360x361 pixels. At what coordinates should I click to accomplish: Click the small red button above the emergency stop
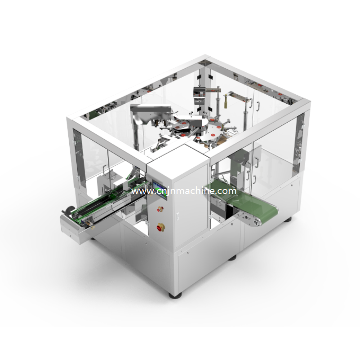(x=159, y=208)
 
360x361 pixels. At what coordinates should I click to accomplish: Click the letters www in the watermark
(x=140, y=191)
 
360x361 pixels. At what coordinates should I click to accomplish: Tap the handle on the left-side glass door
(x=104, y=169)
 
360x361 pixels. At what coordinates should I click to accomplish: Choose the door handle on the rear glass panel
(x=258, y=106)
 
